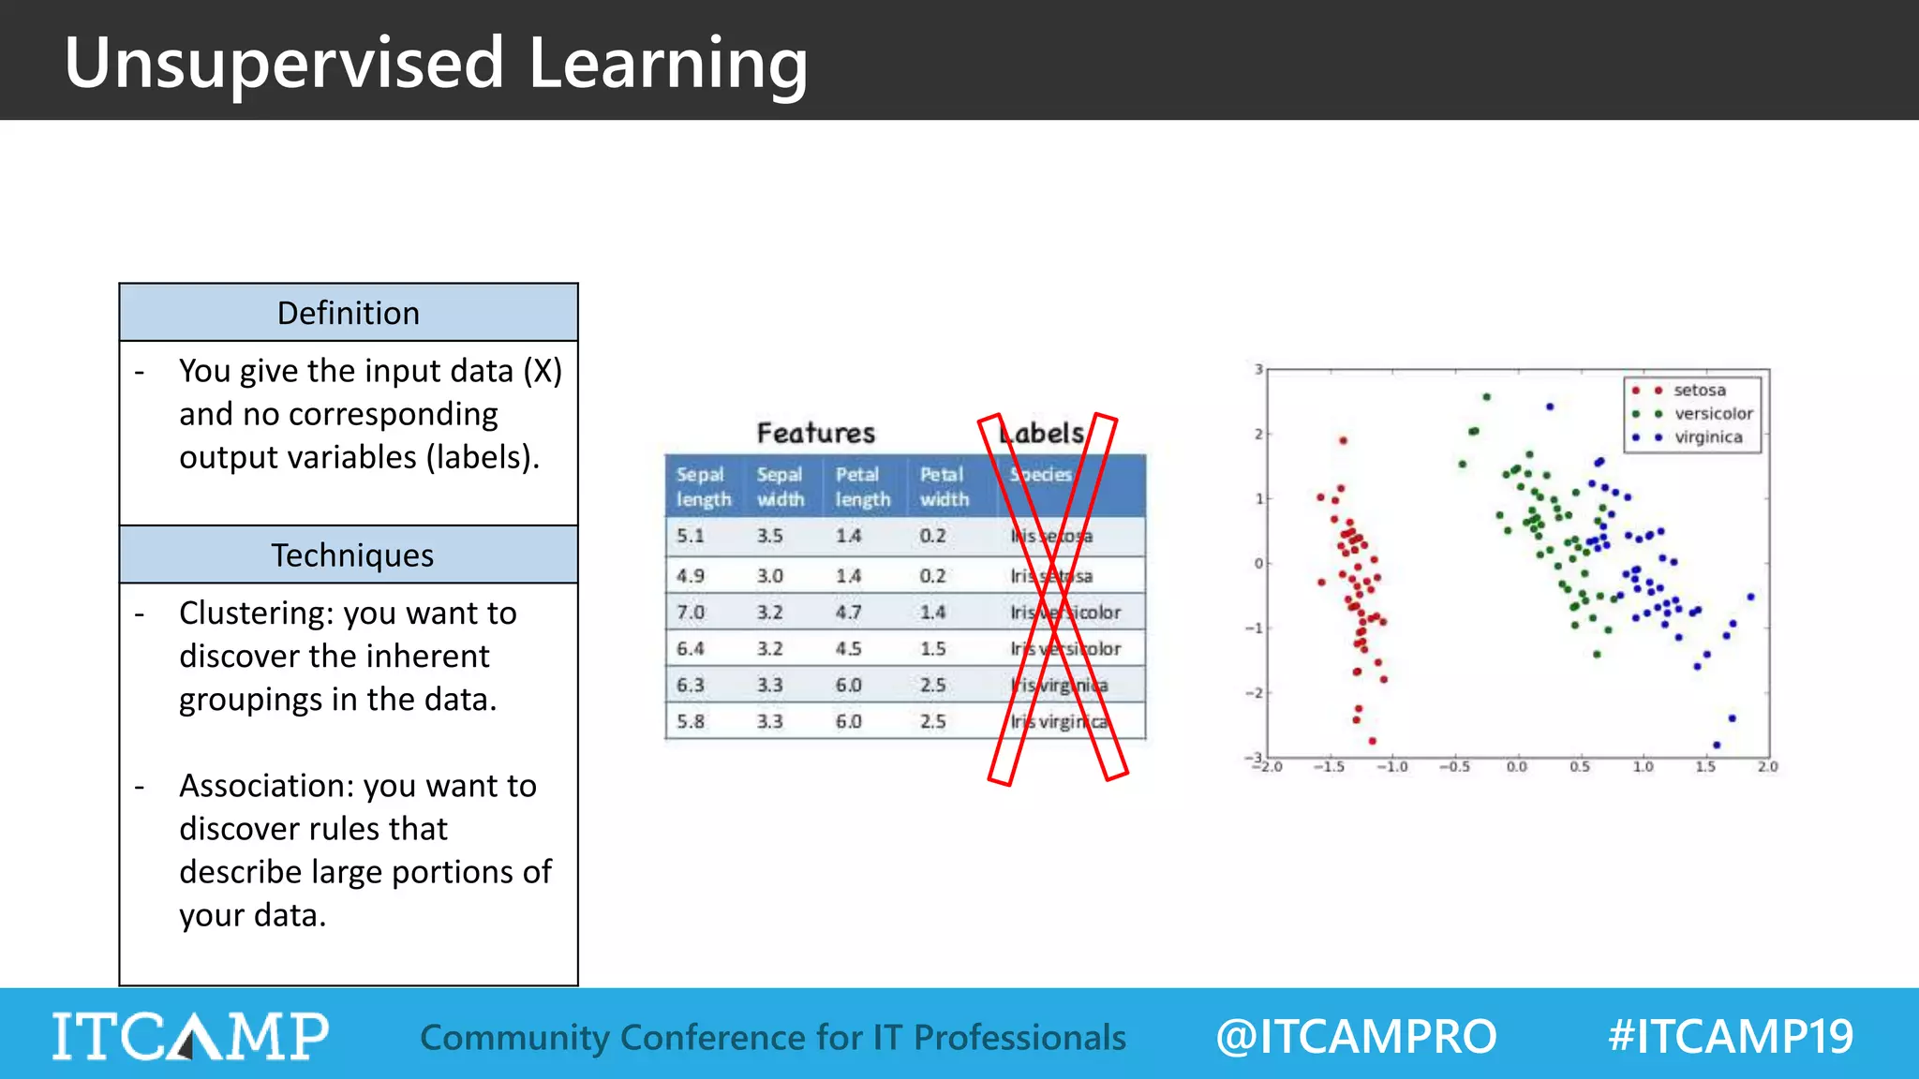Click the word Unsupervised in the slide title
(x=284, y=64)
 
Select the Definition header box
(x=349, y=313)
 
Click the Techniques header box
(x=349, y=555)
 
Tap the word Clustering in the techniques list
(x=257, y=613)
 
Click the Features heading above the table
(x=815, y=433)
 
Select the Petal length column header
(x=862, y=486)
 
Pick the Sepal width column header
(x=781, y=486)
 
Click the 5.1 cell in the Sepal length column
(x=691, y=536)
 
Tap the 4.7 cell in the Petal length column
(x=848, y=613)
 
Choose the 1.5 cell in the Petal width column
(x=932, y=648)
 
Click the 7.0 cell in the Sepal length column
(x=691, y=613)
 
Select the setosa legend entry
(x=1698, y=390)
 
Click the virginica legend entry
(x=1707, y=437)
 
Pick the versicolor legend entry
(x=1712, y=413)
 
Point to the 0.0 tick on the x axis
(x=1516, y=766)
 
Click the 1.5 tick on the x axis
(x=1705, y=766)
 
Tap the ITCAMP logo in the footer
(x=190, y=1036)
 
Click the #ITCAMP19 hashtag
(x=1730, y=1036)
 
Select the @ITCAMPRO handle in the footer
(x=1356, y=1036)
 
